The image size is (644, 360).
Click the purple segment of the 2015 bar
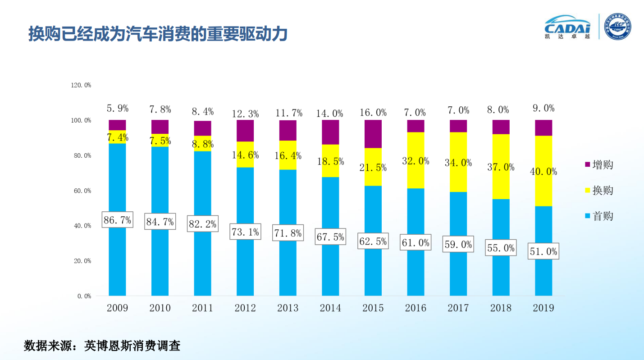pyautogui.click(x=373, y=134)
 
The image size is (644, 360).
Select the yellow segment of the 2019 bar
pyautogui.click(x=543, y=189)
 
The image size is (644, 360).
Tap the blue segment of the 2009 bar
pyautogui.click(x=117, y=261)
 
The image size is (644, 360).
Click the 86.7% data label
pyautogui.click(x=117, y=220)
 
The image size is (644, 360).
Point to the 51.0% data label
pyautogui.click(x=543, y=251)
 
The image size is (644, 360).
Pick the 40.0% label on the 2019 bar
pyautogui.click(x=543, y=172)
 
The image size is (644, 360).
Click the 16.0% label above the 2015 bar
pyautogui.click(x=373, y=112)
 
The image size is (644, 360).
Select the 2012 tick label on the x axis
pyautogui.click(x=245, y=308)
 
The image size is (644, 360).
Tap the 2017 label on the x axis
pyautogui.click(x=458, y=308)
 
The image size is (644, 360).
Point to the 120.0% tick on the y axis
pyautogui.click(x=81, y=85)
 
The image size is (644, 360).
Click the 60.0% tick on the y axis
pyautogui.click(x=81, y=191)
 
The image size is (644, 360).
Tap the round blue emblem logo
pyautogui.click(x=617, y=27)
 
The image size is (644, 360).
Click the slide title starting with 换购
pyautogui.click(x=158, y=34)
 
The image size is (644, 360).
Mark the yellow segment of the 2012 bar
pyautogui.click(x=245, y=155)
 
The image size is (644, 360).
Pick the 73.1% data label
pyautogui.click(x=245, y=232)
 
